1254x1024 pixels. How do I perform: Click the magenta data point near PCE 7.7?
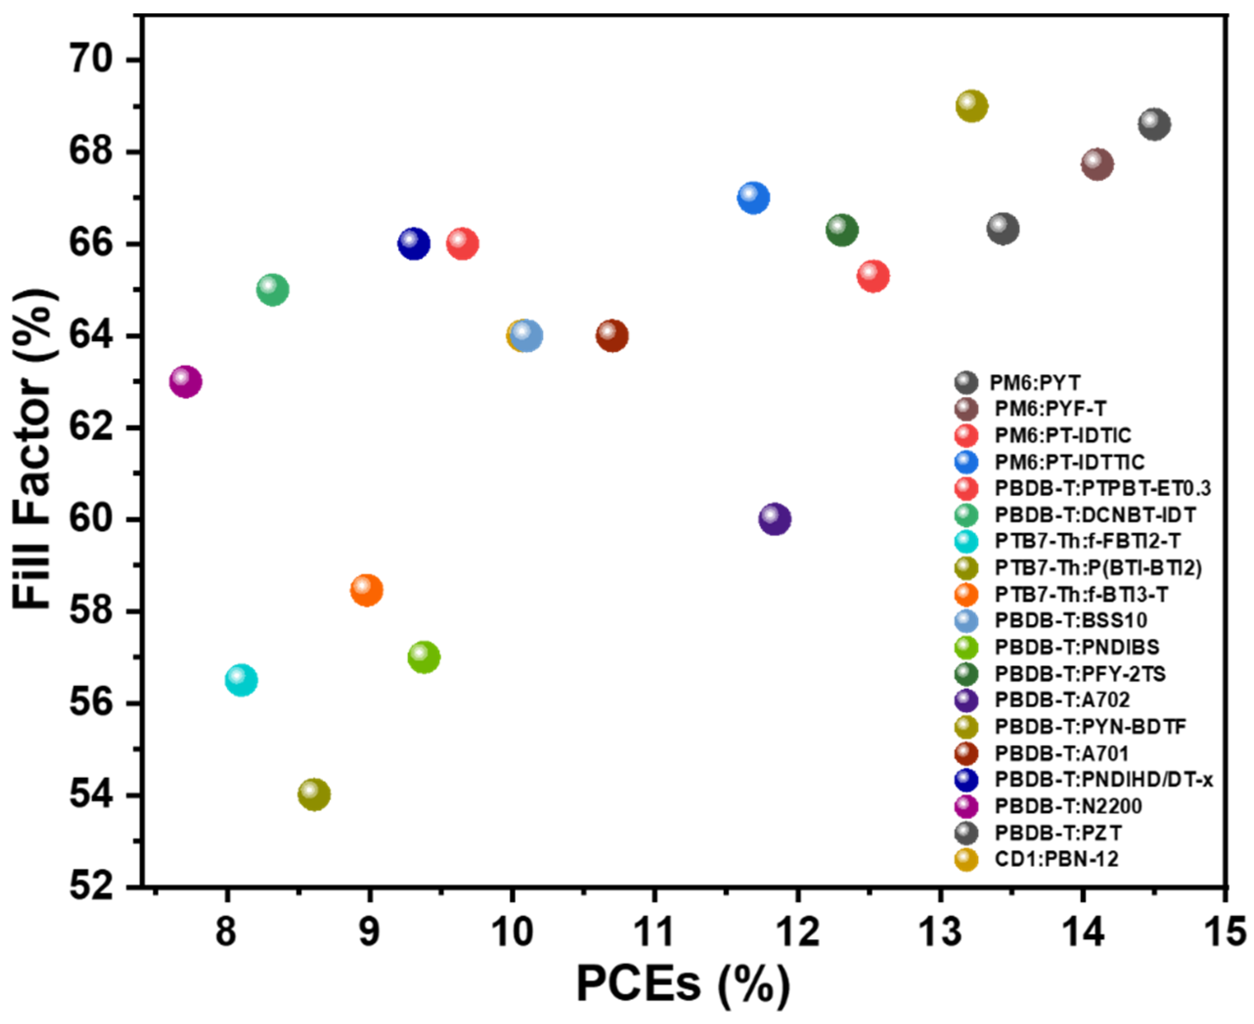(186, 382)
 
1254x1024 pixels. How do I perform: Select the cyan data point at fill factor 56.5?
(241, 680)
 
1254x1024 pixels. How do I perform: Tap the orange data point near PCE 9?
(366, 589)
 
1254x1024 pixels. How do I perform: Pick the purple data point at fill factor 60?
(775, 519)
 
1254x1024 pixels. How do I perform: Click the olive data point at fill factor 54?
(314, 795)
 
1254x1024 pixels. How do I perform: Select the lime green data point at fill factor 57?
(423, 656)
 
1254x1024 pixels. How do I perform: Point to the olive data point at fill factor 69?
(972, 106)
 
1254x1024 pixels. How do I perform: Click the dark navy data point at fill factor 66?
(414, 243)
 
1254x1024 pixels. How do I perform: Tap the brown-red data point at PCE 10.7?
(612, 336)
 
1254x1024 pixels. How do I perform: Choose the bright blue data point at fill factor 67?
(753, 197)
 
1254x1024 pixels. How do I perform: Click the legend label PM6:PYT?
(1034, 383)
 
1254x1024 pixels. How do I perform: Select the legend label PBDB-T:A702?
(1062, 699)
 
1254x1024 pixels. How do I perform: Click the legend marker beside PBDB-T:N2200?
(966, 806)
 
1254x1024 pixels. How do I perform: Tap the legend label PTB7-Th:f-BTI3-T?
(1080, 594)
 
